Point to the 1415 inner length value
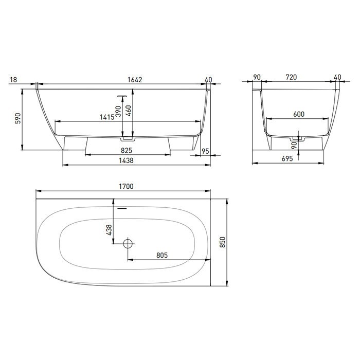(x=107, y=117)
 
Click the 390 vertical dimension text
(x=118, y=112)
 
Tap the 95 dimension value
(x=205, y=151)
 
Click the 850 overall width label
(x=223, y=242)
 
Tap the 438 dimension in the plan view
(x=109, y=230)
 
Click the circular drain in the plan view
(x=128, y=243)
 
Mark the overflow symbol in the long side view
(x=122, y=96)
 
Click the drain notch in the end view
(x=296, y=138)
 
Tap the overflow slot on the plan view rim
(x=122, y=209)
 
